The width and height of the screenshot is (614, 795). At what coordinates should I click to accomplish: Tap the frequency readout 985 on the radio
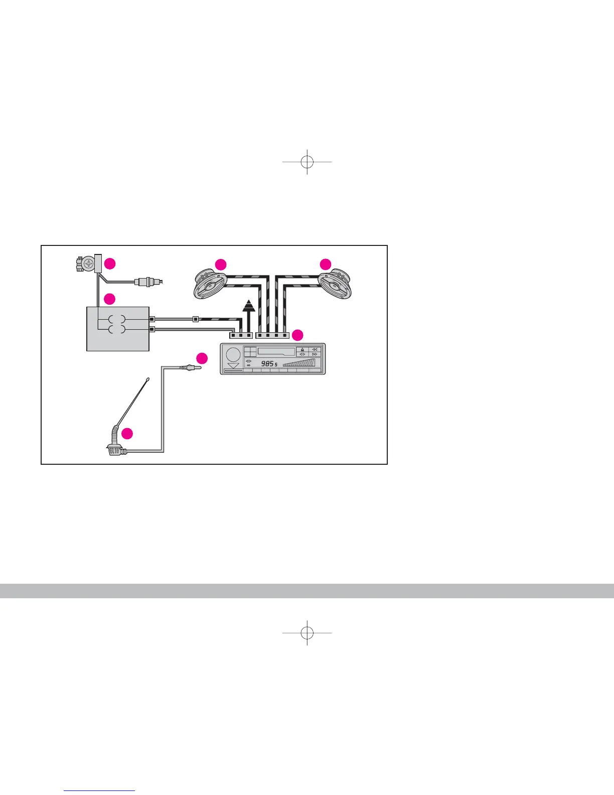point(267,363)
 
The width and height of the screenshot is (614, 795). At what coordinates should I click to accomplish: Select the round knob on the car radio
point(233,354)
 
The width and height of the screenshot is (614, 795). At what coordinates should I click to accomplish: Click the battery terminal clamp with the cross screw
point(86,263)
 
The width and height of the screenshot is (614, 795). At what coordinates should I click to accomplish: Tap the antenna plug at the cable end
point(191,368)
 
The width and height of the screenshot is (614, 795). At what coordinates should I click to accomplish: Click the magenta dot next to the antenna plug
point(202,358)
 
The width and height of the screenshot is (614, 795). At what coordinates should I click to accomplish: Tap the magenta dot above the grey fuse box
point(109,299)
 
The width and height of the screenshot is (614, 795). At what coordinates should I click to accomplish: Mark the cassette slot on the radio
point(276,351)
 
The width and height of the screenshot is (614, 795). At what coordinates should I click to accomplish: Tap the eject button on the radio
point(302,349)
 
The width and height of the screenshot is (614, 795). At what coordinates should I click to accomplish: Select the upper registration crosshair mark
point(307,162)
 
